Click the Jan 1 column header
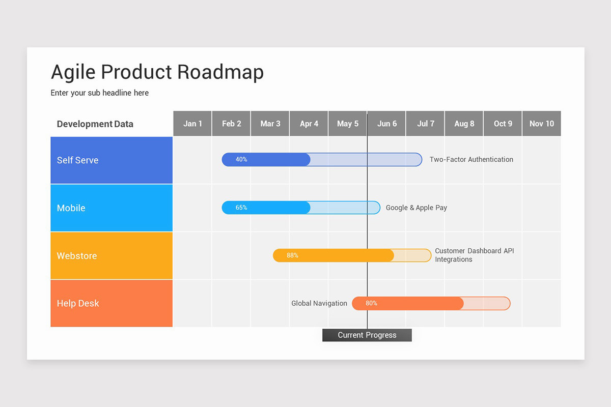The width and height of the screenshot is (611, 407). pos(192,124)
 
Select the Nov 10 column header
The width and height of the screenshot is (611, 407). pos(541,124)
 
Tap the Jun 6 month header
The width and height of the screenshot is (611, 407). pos(386,124)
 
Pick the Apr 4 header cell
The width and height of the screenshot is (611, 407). pos(309,124)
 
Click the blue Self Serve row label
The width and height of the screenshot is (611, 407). pos(112,160)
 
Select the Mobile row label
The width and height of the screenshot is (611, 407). pos(112,208)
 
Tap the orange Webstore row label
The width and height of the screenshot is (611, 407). pos(112,256)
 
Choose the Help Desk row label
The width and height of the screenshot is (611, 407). pos(112,303)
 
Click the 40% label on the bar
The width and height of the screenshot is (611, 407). pos(241,160)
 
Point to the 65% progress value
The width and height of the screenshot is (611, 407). pos(241,208)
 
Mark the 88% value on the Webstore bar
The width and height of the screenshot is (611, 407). pos(292,255)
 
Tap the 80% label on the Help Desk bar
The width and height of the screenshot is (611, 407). pos(371,303)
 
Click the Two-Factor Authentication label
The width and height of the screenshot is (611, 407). pos(471,160)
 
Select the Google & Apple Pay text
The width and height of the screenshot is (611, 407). pos(416,208)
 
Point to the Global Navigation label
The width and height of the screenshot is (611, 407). pos(319,303)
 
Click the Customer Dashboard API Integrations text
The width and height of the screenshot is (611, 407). pos(474,255)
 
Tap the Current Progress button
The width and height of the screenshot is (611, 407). pos(367,335)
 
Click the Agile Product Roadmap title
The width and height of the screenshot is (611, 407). pos(157,72)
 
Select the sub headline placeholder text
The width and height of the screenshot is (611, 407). pos(100,93)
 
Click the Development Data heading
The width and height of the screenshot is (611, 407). pos(95,124)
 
